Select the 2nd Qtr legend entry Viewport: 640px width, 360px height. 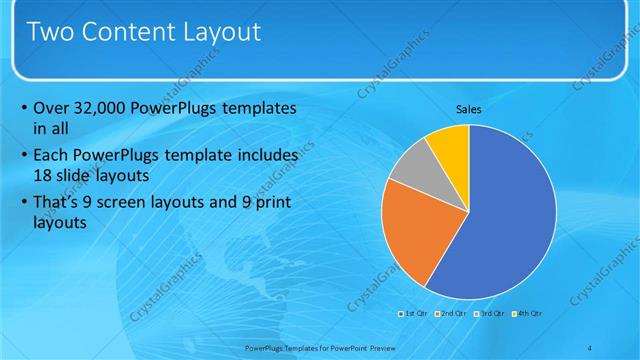point(451,314)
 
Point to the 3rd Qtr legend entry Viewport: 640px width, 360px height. point(489,314)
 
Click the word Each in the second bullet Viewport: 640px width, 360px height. point(51,156)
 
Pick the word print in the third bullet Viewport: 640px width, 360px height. point(276,205)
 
